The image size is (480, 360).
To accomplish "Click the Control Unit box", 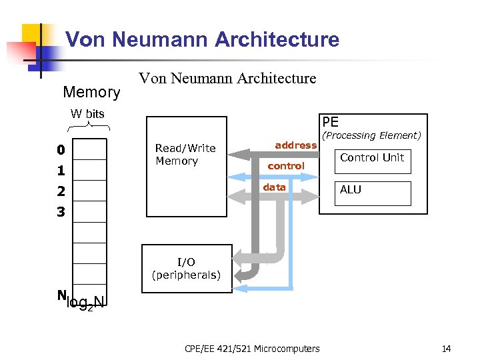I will tap(372, 161).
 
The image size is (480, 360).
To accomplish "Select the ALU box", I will tap(372, 193).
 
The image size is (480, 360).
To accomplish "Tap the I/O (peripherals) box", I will tap(187, 268).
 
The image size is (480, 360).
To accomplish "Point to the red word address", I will tap(295, 145).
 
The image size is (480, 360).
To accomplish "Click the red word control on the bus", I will tap(286, 166).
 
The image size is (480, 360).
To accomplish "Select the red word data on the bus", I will tap(274, 187).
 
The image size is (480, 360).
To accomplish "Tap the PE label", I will tap(330, 122).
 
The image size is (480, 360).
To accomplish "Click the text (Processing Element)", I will tap(371, 135).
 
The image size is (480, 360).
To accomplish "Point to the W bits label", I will tap(88, 113).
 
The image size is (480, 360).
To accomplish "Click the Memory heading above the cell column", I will tap(91, 92).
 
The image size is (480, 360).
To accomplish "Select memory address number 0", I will tap(61, 150).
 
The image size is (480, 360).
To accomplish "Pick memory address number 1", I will tap(61, 171).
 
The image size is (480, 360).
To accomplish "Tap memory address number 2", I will tap(61, 192).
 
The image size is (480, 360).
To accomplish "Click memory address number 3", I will tap(61, 213).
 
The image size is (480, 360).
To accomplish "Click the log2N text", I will tap(86, 303).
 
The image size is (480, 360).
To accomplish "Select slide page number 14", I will tap(446, 349).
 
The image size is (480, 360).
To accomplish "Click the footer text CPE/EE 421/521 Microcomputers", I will tap(251, 349).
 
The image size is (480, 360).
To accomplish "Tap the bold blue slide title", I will tap(202, 39).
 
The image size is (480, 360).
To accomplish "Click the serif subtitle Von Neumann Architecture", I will tap(227, 79).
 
